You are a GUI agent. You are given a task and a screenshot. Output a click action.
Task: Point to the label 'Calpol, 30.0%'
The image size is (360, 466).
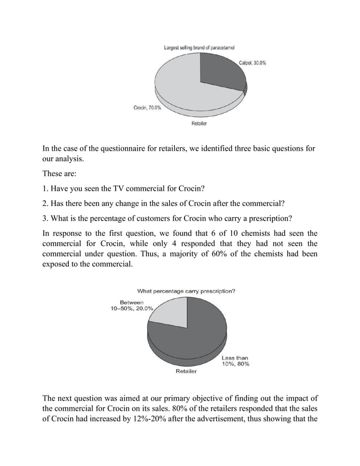coord(253,63)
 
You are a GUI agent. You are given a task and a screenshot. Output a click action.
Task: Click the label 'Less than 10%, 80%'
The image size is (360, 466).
coord(235,361)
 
